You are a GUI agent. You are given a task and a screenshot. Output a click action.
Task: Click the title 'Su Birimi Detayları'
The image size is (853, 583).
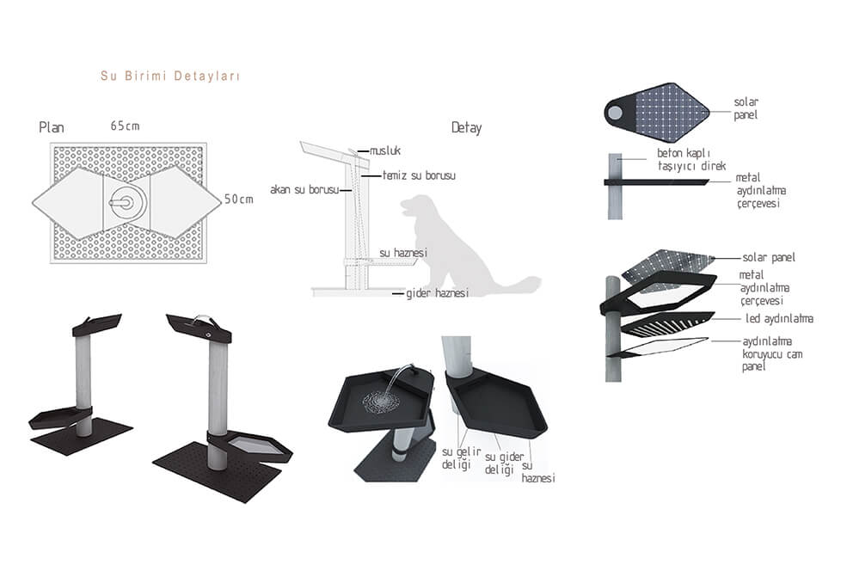tap(169, 76)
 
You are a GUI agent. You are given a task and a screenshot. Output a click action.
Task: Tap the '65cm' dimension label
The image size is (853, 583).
tap(126, 126)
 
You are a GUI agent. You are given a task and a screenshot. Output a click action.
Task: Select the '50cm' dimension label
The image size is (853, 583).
tap(239, 199)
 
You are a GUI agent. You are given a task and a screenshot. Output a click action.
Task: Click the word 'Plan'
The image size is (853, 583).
tap(52, 127)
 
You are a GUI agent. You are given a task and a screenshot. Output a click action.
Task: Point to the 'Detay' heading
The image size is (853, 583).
tap(466, 128)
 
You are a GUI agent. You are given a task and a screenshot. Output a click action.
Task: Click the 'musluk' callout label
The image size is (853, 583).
tap(385, 150)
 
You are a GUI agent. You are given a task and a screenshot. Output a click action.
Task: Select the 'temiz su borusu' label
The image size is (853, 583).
tap(419, 175)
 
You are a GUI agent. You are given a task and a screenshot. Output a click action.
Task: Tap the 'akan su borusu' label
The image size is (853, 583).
tap(304, 190)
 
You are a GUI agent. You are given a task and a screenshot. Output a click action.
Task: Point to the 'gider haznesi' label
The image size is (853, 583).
tap(438, 293)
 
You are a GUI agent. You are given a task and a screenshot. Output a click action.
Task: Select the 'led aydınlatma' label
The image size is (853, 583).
tap(779, 319)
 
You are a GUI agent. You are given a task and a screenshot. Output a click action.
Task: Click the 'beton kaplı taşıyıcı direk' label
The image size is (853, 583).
tap(691, 159)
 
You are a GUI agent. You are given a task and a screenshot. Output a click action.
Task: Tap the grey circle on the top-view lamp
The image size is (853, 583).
tap(616, 113)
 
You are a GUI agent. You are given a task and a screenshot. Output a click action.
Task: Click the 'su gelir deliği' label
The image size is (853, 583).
tap(461, 458)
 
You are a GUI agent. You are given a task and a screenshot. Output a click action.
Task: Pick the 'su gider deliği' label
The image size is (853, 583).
tap(504, 463)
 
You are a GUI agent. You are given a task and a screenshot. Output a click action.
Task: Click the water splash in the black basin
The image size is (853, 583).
tap(383, 402)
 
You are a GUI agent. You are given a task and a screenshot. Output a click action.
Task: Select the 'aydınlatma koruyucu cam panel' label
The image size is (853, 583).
tap(772, 354)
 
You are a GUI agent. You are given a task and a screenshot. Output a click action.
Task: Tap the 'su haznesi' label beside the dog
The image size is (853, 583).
tap(403, 253)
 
